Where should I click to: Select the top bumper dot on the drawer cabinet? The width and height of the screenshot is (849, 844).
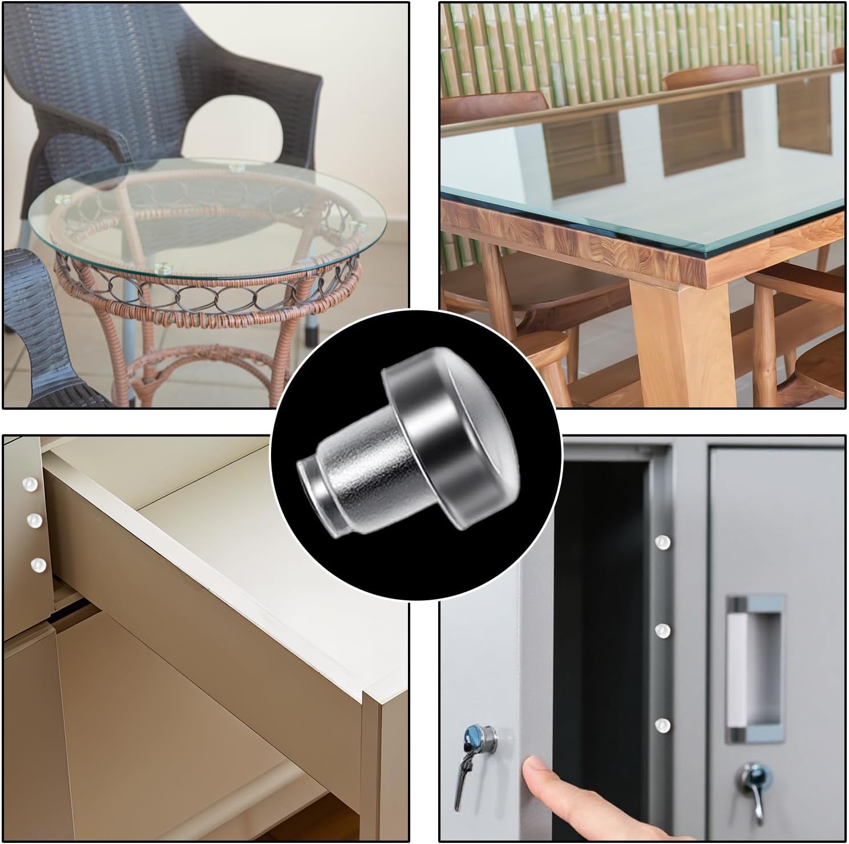[26, 484]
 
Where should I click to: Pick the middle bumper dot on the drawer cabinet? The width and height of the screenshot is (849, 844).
[34, 520]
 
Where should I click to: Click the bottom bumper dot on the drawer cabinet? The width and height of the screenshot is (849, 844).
[38, 564]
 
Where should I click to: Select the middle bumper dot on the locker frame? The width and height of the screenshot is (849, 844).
[662, 630]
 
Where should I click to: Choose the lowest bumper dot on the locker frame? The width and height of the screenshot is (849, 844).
[662, 725]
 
